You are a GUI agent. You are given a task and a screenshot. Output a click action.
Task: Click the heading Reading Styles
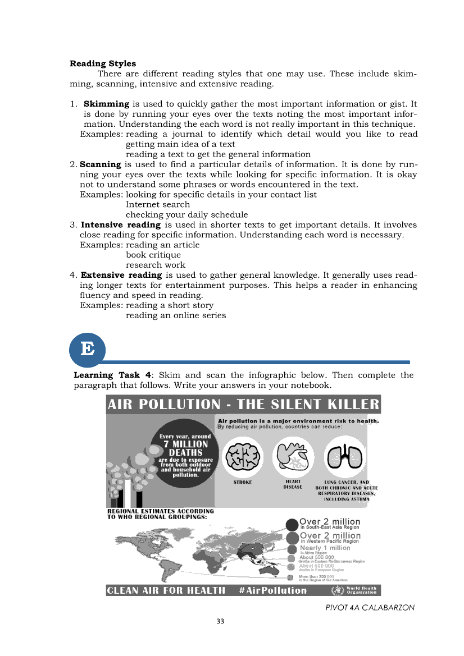point(103,63)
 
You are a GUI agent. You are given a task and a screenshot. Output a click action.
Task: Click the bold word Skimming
point(107,104)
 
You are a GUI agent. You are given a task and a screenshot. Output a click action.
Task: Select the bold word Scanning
point(101,164)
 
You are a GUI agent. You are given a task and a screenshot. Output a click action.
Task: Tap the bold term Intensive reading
point(121,225)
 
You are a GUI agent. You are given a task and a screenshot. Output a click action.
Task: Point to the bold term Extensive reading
point(121,275)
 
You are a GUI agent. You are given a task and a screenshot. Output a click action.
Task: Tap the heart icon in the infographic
point(293,456)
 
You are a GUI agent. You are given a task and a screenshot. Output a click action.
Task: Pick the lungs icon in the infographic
point(345,456)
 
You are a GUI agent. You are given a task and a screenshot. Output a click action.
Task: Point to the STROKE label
point(242,482)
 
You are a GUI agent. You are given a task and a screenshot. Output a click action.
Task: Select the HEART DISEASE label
point(293,484)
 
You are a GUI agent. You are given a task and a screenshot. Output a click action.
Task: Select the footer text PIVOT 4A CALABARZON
point(370,607)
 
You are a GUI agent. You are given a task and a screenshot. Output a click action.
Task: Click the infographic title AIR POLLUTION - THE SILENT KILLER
point(243,405)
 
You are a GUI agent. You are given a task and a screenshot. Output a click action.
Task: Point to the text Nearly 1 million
point(325,548)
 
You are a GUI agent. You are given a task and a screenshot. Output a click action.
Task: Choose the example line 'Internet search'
point(158,205)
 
